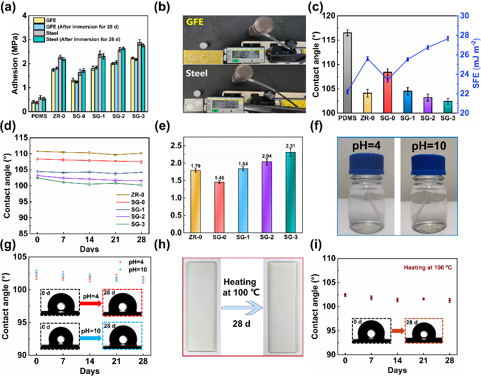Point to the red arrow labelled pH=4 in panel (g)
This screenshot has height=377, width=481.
click(91, 304)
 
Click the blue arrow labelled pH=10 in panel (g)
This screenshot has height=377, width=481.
click(91, 339)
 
